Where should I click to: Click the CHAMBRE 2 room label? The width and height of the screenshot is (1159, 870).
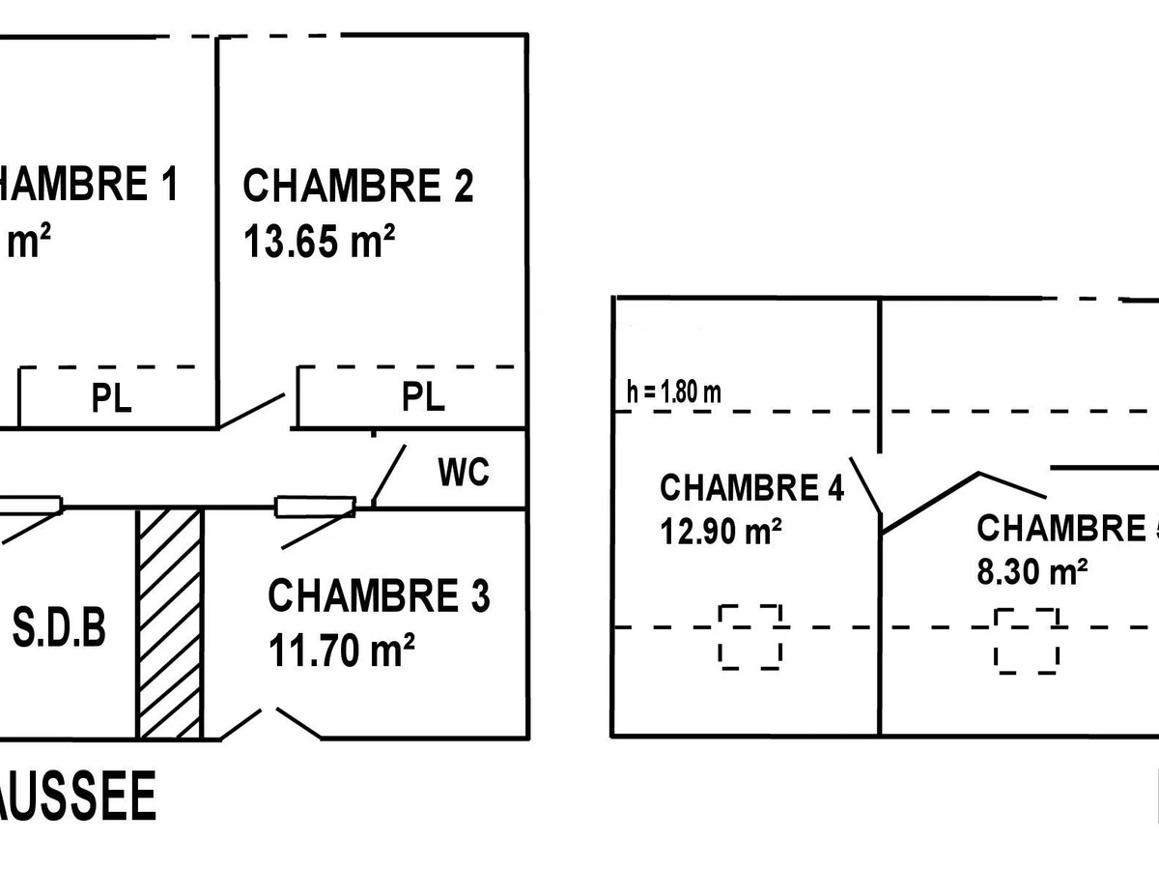358,186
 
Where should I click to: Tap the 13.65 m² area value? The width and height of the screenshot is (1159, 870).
320,242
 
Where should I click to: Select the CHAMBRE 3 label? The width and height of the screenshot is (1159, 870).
379,596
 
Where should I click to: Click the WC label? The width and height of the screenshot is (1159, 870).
464,473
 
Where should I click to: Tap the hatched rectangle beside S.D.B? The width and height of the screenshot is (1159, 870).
170,623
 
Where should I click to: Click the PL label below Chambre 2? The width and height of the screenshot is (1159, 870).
423,397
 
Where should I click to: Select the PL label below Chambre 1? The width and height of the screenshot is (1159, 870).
112,398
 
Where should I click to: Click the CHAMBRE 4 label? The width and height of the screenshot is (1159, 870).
751,488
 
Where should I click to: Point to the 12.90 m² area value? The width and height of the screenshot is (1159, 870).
721,531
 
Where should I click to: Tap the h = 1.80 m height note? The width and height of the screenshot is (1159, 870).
673,392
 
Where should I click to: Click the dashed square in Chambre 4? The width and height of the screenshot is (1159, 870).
750,636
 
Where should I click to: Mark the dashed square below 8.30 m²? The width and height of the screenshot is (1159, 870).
1028,641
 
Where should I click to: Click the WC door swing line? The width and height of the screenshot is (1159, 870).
389,476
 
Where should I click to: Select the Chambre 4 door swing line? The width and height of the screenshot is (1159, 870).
866,485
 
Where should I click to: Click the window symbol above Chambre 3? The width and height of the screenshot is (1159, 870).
315,507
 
